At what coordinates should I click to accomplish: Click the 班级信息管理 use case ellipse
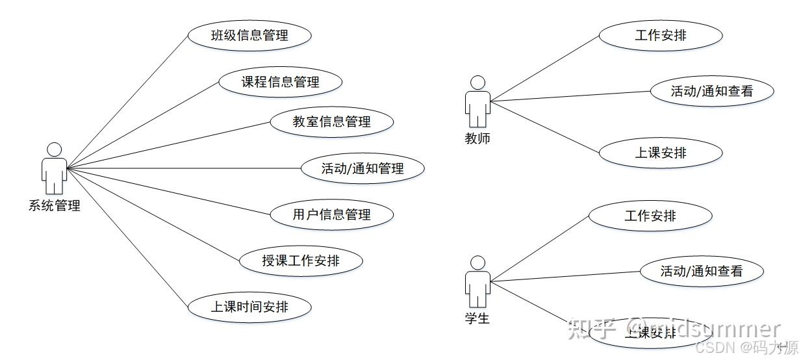pyautogui.click(x=249, y=35)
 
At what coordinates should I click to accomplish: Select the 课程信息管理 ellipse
pyautogui.click(x=280, y=82)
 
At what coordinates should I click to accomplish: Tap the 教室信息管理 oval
pyautogui.click(x=331, y=122)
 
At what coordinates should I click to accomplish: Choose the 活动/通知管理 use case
pyautogui.click(x=362, y=168)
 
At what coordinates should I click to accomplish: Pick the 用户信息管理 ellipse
pyautogui.click(x=331, y=214)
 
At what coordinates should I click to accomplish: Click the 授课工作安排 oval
pyautogui.click(x=300, y=261)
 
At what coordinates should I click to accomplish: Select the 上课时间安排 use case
pyautogui.click(x=249, y=307)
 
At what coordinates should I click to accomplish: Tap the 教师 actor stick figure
pyautogui.click(x=477, y=102)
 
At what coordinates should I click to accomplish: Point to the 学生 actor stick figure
pyautogui.click(x=477, y=282)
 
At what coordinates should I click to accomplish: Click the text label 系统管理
pyautogui.click(x=55, y=207)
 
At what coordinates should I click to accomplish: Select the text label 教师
pyautogui.click(x=477, y=138)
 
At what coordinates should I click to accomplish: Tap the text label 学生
pyautogui.click(x=477, y=319)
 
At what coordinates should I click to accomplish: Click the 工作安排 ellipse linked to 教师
pyautogui.click(x=660, y=35)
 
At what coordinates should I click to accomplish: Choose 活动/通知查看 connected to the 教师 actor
pyautogui.click(x=712, y=91)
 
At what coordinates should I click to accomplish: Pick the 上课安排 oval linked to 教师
pyautogui.click(x=660, y=153)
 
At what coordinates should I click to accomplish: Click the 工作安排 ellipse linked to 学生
pyautogui.click(x=650, y=215)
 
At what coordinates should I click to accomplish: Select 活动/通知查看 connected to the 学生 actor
pyautogui.click(x=702, y=271)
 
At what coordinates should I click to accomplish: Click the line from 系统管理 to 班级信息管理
pyautogui.click(x=127, y=101)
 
